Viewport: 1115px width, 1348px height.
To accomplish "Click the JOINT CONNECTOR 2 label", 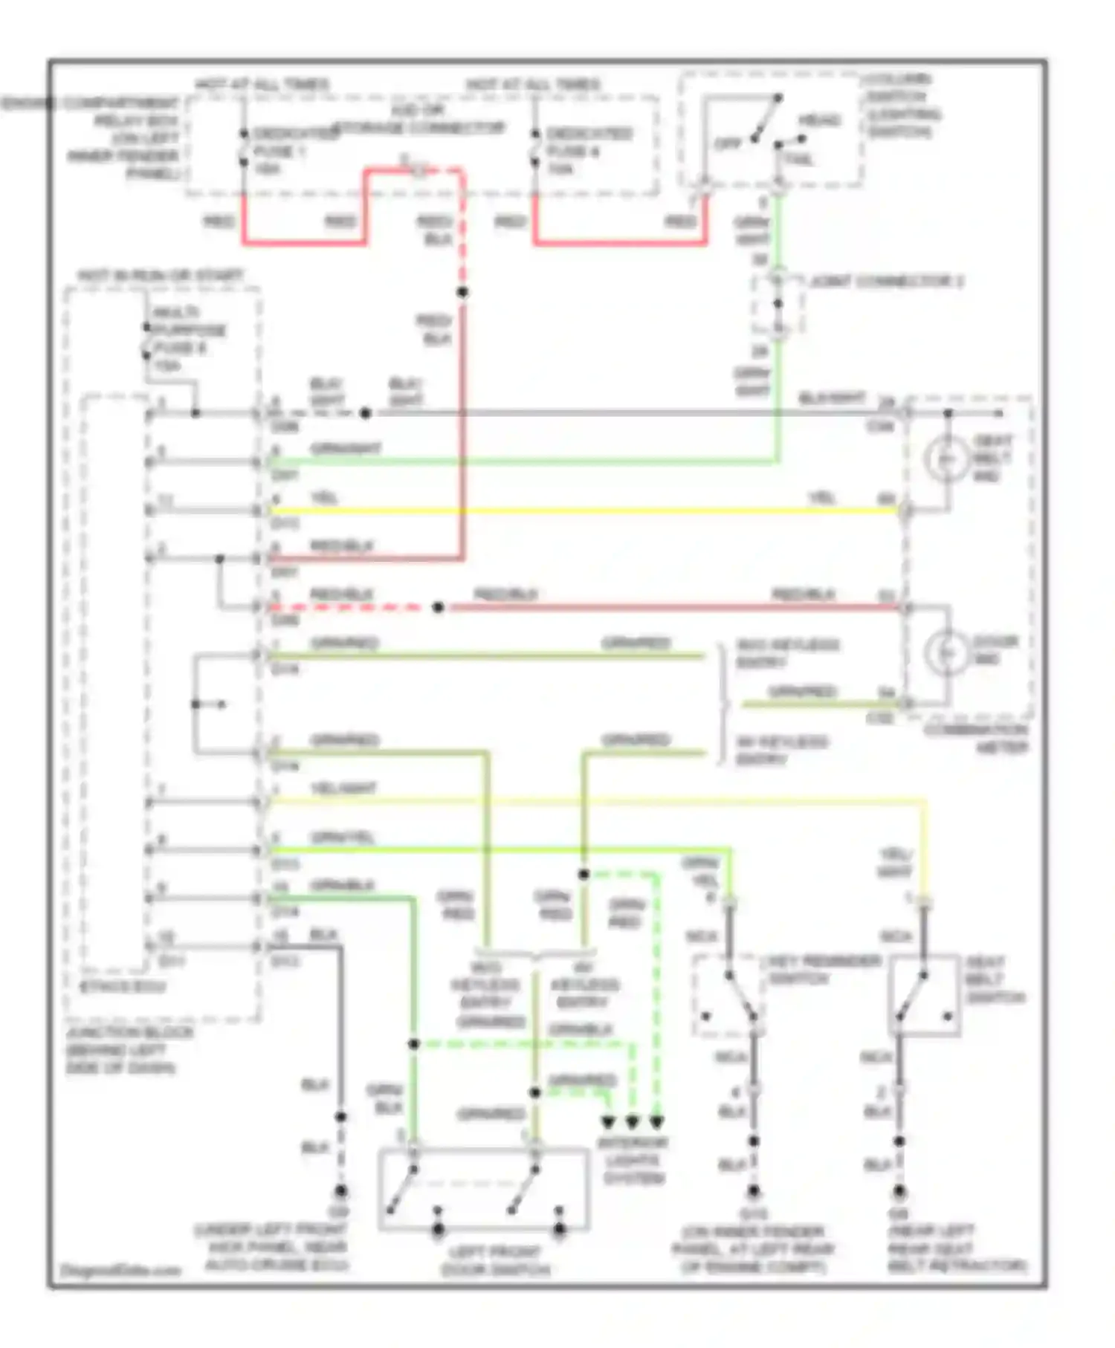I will pos(886,282).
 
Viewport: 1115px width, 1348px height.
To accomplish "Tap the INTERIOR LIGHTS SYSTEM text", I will pos(633,1160).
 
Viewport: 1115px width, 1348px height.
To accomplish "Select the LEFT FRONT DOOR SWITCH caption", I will pos(495,1261).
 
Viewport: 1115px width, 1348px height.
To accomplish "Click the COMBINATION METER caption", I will pos(976,739).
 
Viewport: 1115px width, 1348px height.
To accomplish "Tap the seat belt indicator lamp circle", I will pos(946,458).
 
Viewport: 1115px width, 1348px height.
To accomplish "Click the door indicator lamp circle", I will pos(946,652).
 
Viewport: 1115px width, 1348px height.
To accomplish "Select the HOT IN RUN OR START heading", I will pos(160,276).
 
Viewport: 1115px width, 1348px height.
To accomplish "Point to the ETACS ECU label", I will pos(123,987).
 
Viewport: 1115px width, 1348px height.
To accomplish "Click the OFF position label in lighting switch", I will pos(727,143).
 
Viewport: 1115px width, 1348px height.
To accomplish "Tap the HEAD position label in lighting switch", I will pos(820,120).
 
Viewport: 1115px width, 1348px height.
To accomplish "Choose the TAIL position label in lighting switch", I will pos(799,159).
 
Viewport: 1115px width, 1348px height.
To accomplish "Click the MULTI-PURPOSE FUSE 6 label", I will pos(189,339).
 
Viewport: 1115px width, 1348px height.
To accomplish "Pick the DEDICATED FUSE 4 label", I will pos(589,151).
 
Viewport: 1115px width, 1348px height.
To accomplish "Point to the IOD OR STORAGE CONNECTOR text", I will pos(418,120).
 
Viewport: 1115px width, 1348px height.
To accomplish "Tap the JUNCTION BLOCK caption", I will pos(129,1049).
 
